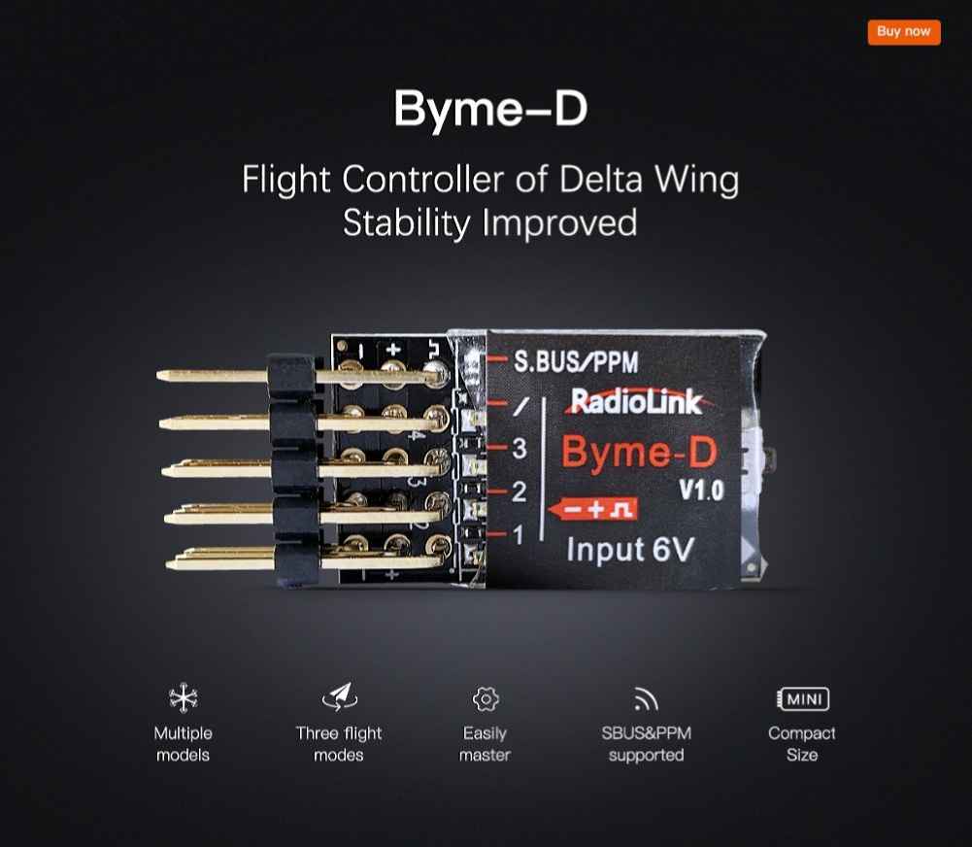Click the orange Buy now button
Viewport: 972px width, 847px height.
904,32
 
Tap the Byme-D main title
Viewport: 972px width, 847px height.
490,109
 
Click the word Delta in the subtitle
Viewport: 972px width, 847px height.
601,179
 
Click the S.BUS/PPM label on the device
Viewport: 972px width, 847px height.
576,362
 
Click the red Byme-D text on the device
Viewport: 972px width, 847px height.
639,452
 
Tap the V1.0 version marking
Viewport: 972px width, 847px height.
701,490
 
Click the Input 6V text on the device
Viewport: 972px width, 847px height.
630,550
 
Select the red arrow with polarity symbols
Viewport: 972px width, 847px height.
593,509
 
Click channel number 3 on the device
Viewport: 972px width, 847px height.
520,449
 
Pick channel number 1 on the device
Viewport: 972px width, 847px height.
519,534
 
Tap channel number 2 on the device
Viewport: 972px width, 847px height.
519,491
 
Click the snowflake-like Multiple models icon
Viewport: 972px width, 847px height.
184,698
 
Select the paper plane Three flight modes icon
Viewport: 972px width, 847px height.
340,697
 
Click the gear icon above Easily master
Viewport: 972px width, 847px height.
486,698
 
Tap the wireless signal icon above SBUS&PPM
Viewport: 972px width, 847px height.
646,698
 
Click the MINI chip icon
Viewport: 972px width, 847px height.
803,698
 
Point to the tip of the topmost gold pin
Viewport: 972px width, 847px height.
158,375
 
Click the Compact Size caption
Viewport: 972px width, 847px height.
801,744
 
